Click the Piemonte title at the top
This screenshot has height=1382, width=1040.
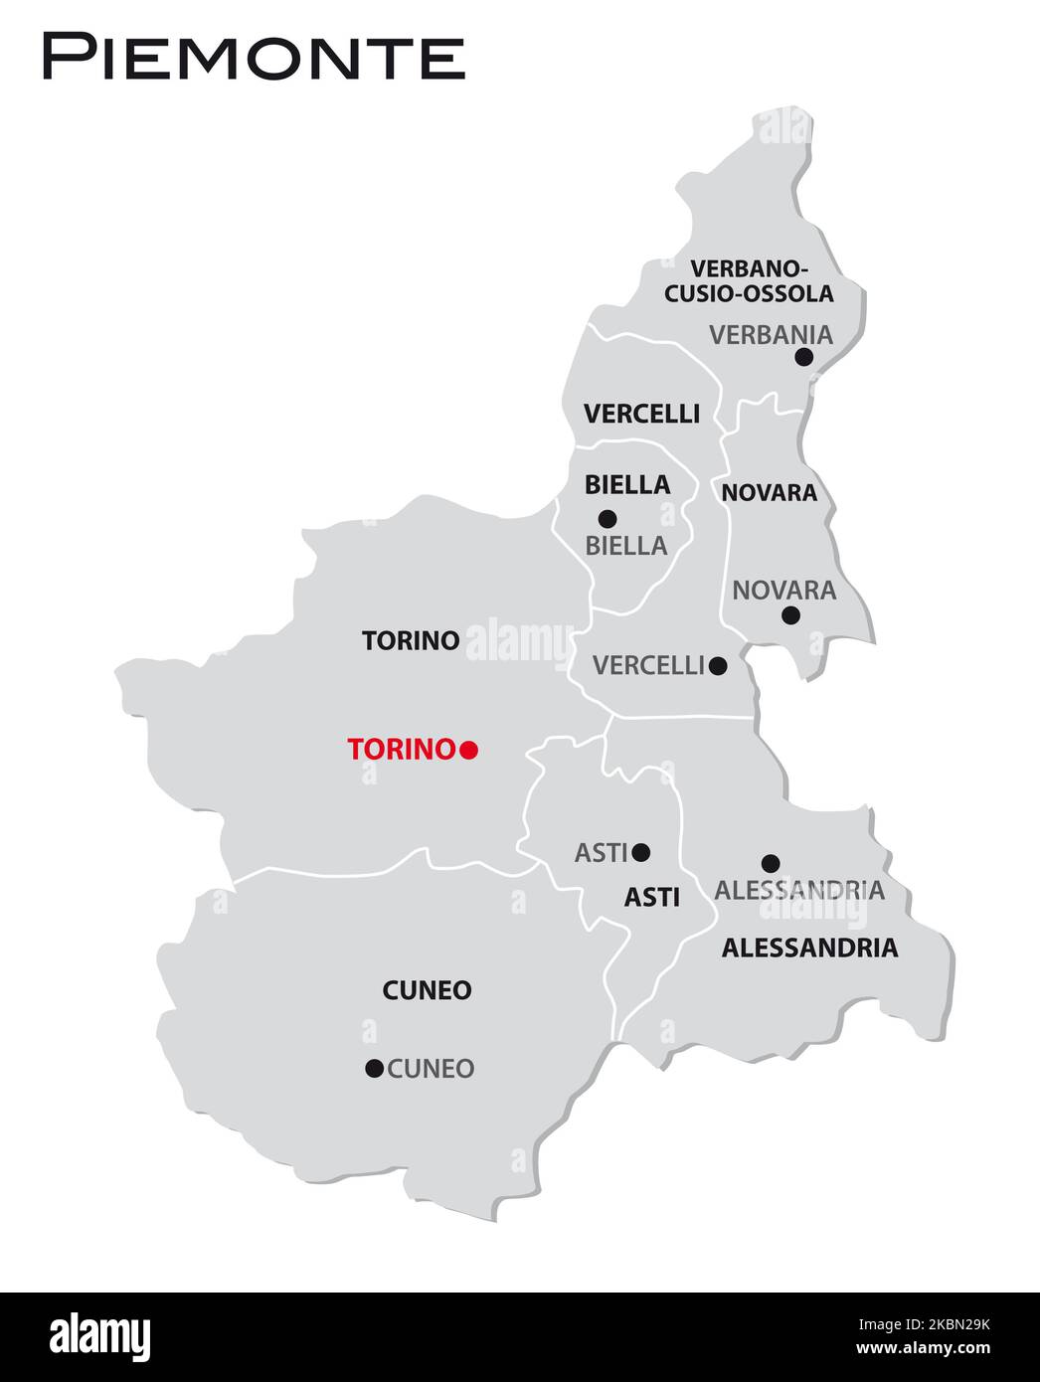pos(253,58)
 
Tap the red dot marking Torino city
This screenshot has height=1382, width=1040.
pos(469,751)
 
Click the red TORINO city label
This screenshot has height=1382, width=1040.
pos(401,750)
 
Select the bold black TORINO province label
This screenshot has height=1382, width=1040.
pos(411,640)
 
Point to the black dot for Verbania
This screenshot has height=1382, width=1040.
pos(804,357)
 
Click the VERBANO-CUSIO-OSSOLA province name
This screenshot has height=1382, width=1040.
pos(749,281)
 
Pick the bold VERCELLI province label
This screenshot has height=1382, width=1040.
pos(641,414)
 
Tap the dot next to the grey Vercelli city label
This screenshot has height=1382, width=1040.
pos(718,665)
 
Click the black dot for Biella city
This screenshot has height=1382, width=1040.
pos(607,518)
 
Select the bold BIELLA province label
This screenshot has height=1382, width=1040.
pos(627,485)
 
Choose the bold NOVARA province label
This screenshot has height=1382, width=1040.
pos(769,492)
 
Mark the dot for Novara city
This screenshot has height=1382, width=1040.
pos(790,615)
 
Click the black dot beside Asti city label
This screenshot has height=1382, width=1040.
pos(641,852)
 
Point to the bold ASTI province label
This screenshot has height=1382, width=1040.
pos(652,898)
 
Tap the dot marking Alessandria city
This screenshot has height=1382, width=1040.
pos(771,863)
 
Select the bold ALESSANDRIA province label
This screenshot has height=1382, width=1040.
pos(809,949)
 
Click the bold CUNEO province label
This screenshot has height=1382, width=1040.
pos(427,990)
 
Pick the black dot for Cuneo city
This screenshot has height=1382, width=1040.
pos(374,1069)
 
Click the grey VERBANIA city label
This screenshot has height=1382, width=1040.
pos(771,335)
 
